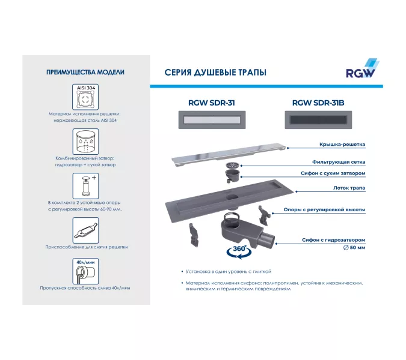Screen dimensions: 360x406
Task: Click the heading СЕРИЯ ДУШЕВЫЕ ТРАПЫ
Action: click(215, 73)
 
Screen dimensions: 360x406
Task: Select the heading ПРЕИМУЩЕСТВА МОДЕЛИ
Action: click(85, 72)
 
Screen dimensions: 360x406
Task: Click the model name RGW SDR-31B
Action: click(318, 103)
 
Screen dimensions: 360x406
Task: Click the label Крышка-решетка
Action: click(342, 145)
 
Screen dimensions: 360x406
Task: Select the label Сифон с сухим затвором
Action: click(333, 173)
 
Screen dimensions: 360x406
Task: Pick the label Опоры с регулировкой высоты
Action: click(325, 210)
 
